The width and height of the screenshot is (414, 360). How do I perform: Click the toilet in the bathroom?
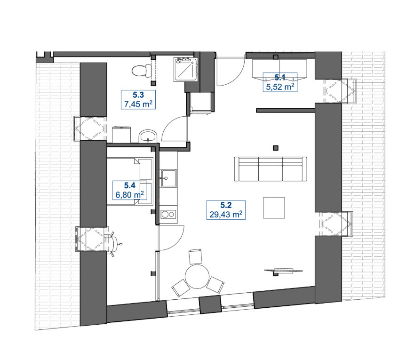(x=139, y=71)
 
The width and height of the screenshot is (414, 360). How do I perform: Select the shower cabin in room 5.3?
(x=185, y=70)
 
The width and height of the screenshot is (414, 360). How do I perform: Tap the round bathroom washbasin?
(x=148, y=136)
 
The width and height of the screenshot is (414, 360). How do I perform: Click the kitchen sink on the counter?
(x=169, y=178)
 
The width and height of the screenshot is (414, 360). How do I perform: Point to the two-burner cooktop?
(x=169, y=214)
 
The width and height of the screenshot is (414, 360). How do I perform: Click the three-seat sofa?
(x=271, y=169)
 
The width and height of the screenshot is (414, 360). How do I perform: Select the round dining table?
(x=197, y=277)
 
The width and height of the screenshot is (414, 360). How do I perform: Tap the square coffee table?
(x=274, y=208)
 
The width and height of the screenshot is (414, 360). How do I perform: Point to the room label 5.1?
(x=280, y=77)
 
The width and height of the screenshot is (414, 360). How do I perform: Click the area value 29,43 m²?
(x=226, y=214)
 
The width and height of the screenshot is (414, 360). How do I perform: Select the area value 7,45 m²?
(x=138, y=104)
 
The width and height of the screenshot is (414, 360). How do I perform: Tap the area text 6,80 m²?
(x=130, y=195)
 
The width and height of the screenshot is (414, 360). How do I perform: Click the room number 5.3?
(x=138, y=95)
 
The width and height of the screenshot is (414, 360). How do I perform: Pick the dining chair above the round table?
(x=195, y=256)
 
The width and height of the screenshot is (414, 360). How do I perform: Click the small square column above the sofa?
(x=276, y=148)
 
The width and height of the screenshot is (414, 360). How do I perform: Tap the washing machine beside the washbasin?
(x=121, y=135)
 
